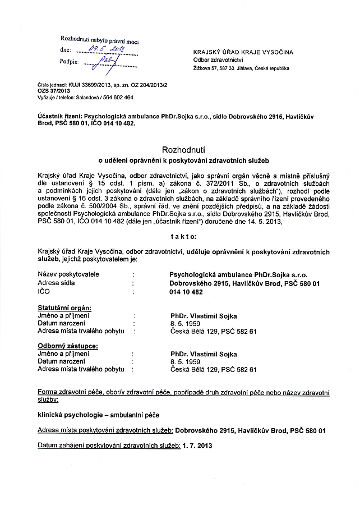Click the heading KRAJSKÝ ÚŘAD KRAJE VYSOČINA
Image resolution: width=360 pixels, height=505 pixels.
pyautogui.click(x=242, y=52)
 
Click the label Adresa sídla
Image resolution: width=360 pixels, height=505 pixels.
pyautogui.click(x=56, y=283)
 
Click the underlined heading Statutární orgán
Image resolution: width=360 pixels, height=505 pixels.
pyautogui.click(x=64, y=308)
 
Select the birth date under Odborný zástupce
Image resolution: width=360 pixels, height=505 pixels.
pyautogui.click(x=185, y=362)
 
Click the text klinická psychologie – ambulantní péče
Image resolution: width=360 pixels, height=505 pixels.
pyautogui.click(x=98, y=416)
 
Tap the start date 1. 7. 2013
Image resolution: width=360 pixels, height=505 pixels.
pyautogui.click(x=197, y=446)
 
